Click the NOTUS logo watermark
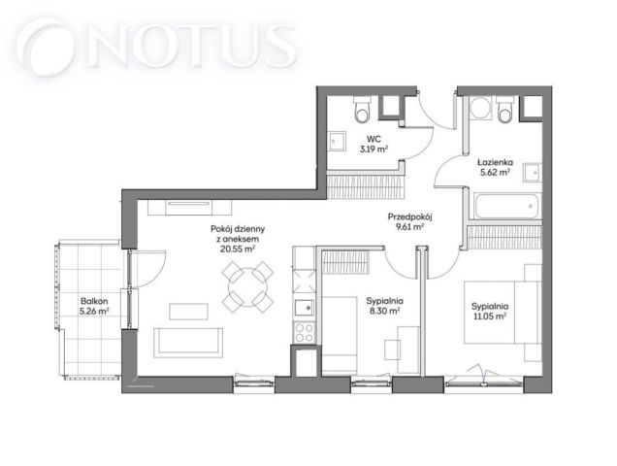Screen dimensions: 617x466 pos(156,47)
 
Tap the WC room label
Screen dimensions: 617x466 pos(373,139)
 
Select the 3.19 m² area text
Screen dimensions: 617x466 pos(373,149)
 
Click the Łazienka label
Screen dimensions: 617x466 pos(496,162)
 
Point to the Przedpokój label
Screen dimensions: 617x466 pos(410,216)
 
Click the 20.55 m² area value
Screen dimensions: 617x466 pos(238,249)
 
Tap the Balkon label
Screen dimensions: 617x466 pos(94,301)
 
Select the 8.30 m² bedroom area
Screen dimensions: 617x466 pos(383,311)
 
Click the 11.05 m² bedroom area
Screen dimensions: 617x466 pos(490,316)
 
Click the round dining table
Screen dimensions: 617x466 pos(247,287)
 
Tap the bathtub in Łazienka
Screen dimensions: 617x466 pos(506,206)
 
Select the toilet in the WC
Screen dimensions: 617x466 pos(362,109)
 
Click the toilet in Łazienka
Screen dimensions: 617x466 pos(504,109)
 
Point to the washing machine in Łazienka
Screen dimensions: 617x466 pos(480,108)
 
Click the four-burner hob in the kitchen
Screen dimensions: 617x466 pos(305,332)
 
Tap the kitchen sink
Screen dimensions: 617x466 pos(305,307)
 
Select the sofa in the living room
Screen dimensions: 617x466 pos(188,343)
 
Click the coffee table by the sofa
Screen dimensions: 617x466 pos(188,312)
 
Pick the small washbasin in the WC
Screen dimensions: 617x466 pos(337,141)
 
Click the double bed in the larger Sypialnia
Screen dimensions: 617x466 pos(501,312)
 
